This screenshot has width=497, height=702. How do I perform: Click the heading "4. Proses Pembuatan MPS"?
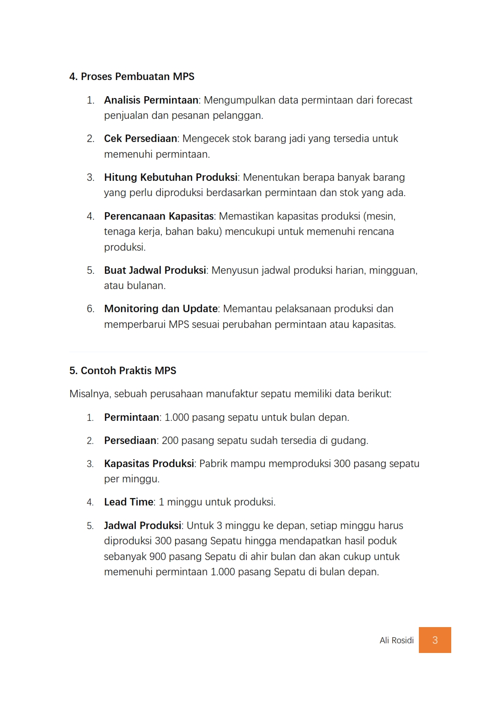click(132, 76)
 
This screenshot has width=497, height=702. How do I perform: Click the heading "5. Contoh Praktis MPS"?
click(123, 370)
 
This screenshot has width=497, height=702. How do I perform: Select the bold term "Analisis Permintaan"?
click(151, 100)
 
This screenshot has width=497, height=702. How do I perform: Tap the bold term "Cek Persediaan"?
click(141, 138)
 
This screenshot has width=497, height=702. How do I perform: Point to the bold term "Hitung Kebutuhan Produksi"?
click(171, 177)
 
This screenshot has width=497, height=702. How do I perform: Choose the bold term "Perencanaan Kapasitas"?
click(159, 216)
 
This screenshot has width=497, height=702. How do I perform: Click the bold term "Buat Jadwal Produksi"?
click(155, 270)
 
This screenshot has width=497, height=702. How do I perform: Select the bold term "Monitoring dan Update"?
click(161, 308)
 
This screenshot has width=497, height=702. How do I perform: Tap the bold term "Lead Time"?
click(129, 502)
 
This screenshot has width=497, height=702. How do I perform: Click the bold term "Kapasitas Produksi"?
click(149, 463)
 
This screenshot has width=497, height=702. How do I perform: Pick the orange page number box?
click(435, 640)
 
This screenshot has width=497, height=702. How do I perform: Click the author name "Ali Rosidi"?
click(397, 640)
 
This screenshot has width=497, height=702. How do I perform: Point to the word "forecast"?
click(394, 100)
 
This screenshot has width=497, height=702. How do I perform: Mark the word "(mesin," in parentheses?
click(380, 216)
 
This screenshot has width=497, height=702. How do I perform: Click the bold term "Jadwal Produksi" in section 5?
click(142, 525)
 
